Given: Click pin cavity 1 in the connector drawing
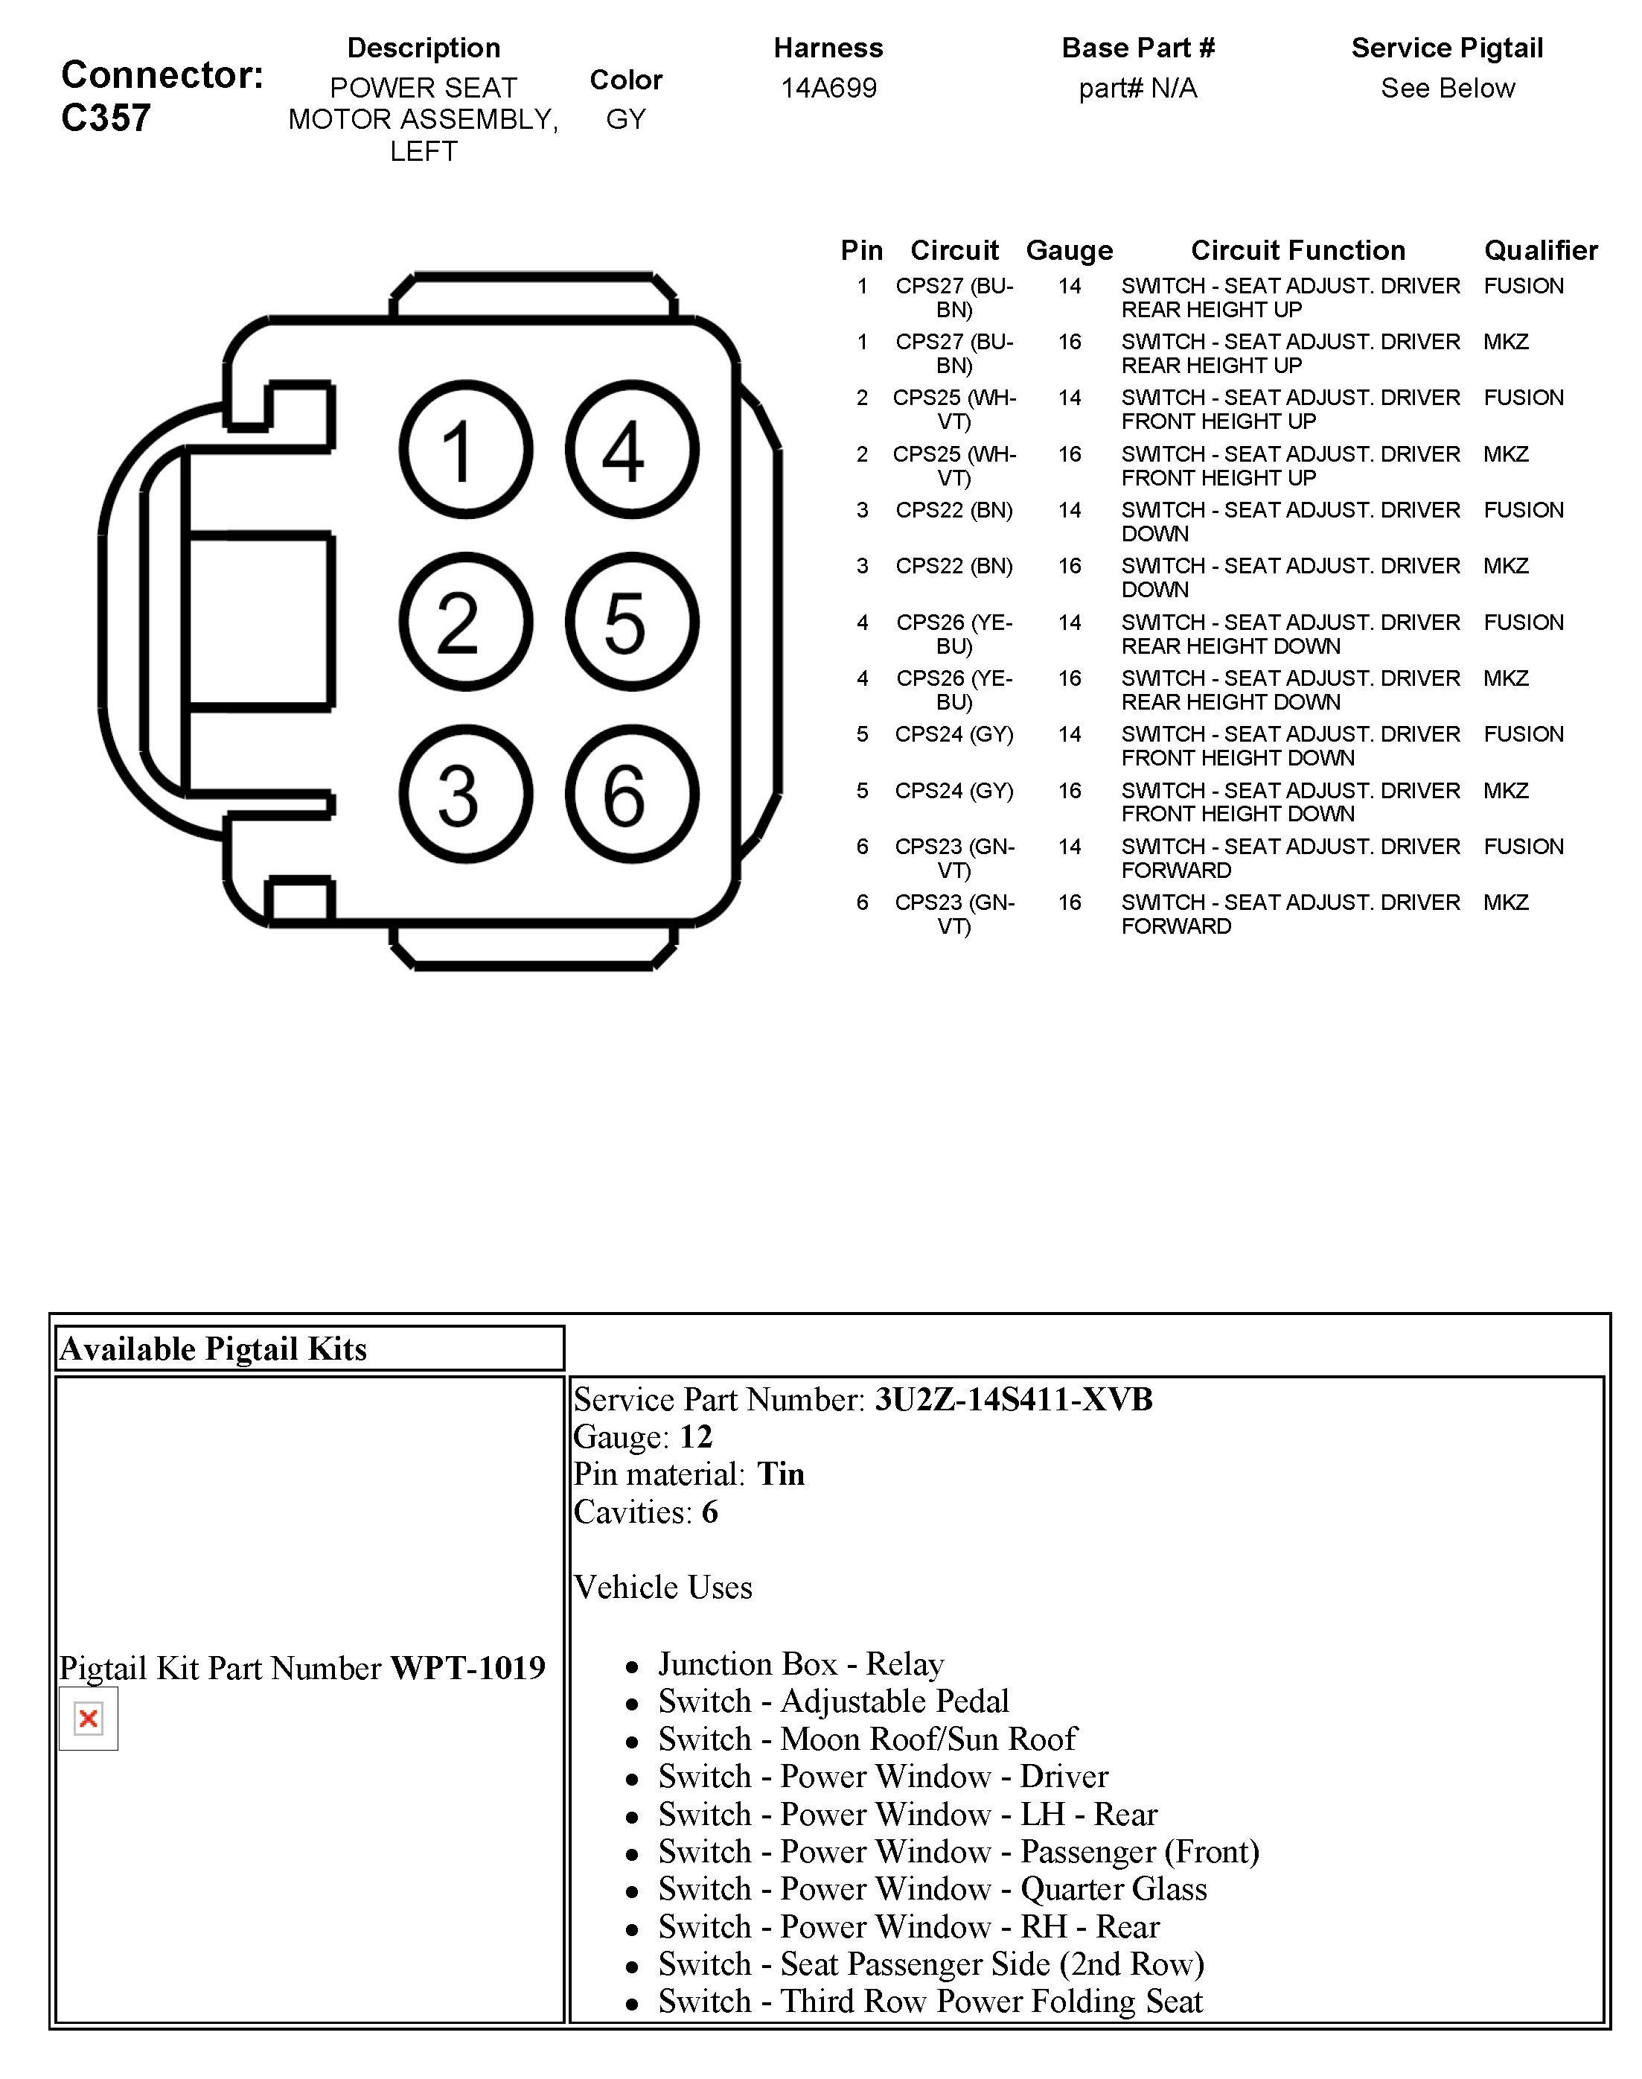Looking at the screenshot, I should point(465,450).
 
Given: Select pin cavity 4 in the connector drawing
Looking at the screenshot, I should point(632,450).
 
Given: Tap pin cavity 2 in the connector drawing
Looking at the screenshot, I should point(465,623).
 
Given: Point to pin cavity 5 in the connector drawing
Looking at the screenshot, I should point(632,623).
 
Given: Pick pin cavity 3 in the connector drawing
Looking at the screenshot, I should point(465,795).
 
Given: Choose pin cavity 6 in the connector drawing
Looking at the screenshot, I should point(632,795).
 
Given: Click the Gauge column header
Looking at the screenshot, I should point(1069,250).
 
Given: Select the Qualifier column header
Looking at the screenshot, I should point(1540,250).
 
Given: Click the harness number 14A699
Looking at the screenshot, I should point(828,89).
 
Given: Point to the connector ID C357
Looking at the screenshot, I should point(106,118).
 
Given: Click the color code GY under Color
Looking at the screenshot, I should point(625,119).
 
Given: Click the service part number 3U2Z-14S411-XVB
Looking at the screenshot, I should point(1012,1400).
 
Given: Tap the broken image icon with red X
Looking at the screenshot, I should point(89,1719).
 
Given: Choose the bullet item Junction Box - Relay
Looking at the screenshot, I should point(800,1664).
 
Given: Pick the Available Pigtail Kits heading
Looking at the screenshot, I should point(214,1349).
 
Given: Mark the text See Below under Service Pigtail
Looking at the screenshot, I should point(1447,89).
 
